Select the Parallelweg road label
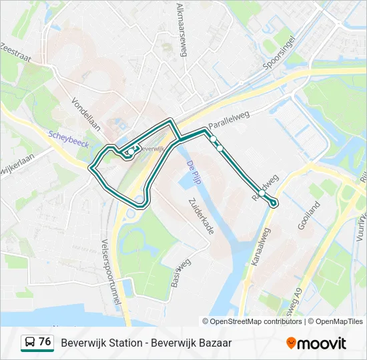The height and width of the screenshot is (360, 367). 229,120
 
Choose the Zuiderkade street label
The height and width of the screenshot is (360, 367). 201,215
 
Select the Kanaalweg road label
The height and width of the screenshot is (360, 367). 262,247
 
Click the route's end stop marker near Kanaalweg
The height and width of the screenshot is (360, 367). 274,203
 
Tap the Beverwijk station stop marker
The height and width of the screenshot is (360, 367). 131,151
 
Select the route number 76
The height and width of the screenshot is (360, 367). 45,342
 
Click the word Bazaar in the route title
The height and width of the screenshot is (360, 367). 214,343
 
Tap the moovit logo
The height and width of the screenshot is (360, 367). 316,343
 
